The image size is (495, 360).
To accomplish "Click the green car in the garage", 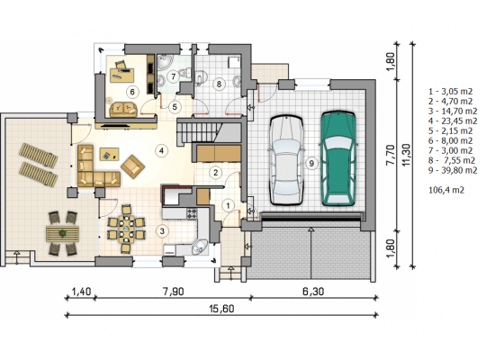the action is [x=338, y=158].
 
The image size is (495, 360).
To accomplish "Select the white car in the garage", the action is [x=286, y=160].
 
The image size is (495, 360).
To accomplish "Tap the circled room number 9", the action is [x=311, y=163].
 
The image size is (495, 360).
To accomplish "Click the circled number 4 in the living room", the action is [x=161, y=150].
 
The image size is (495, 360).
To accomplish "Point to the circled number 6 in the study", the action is [x=132, y=92].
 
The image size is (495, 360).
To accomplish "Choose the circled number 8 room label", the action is [x=219, y=84].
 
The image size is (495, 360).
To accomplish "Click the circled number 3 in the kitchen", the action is [x=162, y=231].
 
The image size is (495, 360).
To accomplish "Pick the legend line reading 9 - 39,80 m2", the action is [x=453, y=170].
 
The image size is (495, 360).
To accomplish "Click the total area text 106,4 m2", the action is [x=446, y=190].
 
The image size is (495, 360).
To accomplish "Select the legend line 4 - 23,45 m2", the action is [x=453, y=121].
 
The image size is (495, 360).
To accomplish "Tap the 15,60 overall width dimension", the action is [x=221, y=309].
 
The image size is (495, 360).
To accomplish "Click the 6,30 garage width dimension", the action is [x=313, y=292].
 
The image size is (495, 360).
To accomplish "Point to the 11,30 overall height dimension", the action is [x=407, y=155].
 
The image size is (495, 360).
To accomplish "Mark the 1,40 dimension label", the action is [x=81, y=292].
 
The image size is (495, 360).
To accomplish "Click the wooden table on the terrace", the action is [x=62, y=234].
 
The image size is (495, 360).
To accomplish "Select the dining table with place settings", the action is [x=126, y=229].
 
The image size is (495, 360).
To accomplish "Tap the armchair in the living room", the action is [x=132, y=166].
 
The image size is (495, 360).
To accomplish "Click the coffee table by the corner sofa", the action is [x=109, y=155].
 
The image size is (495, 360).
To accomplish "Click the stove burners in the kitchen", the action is [x=192, y=214].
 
